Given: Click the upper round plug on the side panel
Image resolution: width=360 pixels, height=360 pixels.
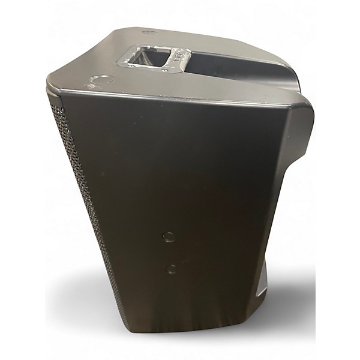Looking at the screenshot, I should click(x=169, y=236).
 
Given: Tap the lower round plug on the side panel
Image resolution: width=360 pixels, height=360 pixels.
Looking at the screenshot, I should click(x=172, y=268).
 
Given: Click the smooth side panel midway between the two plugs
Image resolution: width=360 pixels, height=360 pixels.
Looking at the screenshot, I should click(x=171, y=253).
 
